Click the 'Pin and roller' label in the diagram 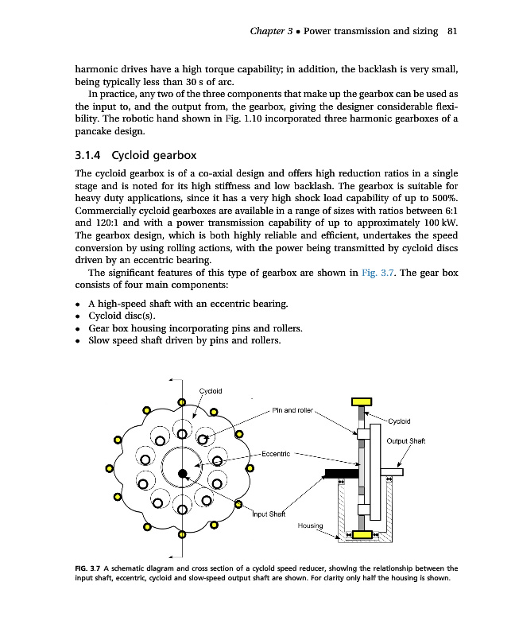coord(293,410)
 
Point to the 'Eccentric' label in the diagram coord(273,454)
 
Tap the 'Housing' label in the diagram coord(311,525)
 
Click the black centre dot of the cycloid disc coord(182,474)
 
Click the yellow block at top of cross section coord(362,400)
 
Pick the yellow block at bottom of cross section coord(363,534)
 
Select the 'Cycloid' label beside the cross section coord(400,421)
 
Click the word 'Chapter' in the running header coord(268,31)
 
